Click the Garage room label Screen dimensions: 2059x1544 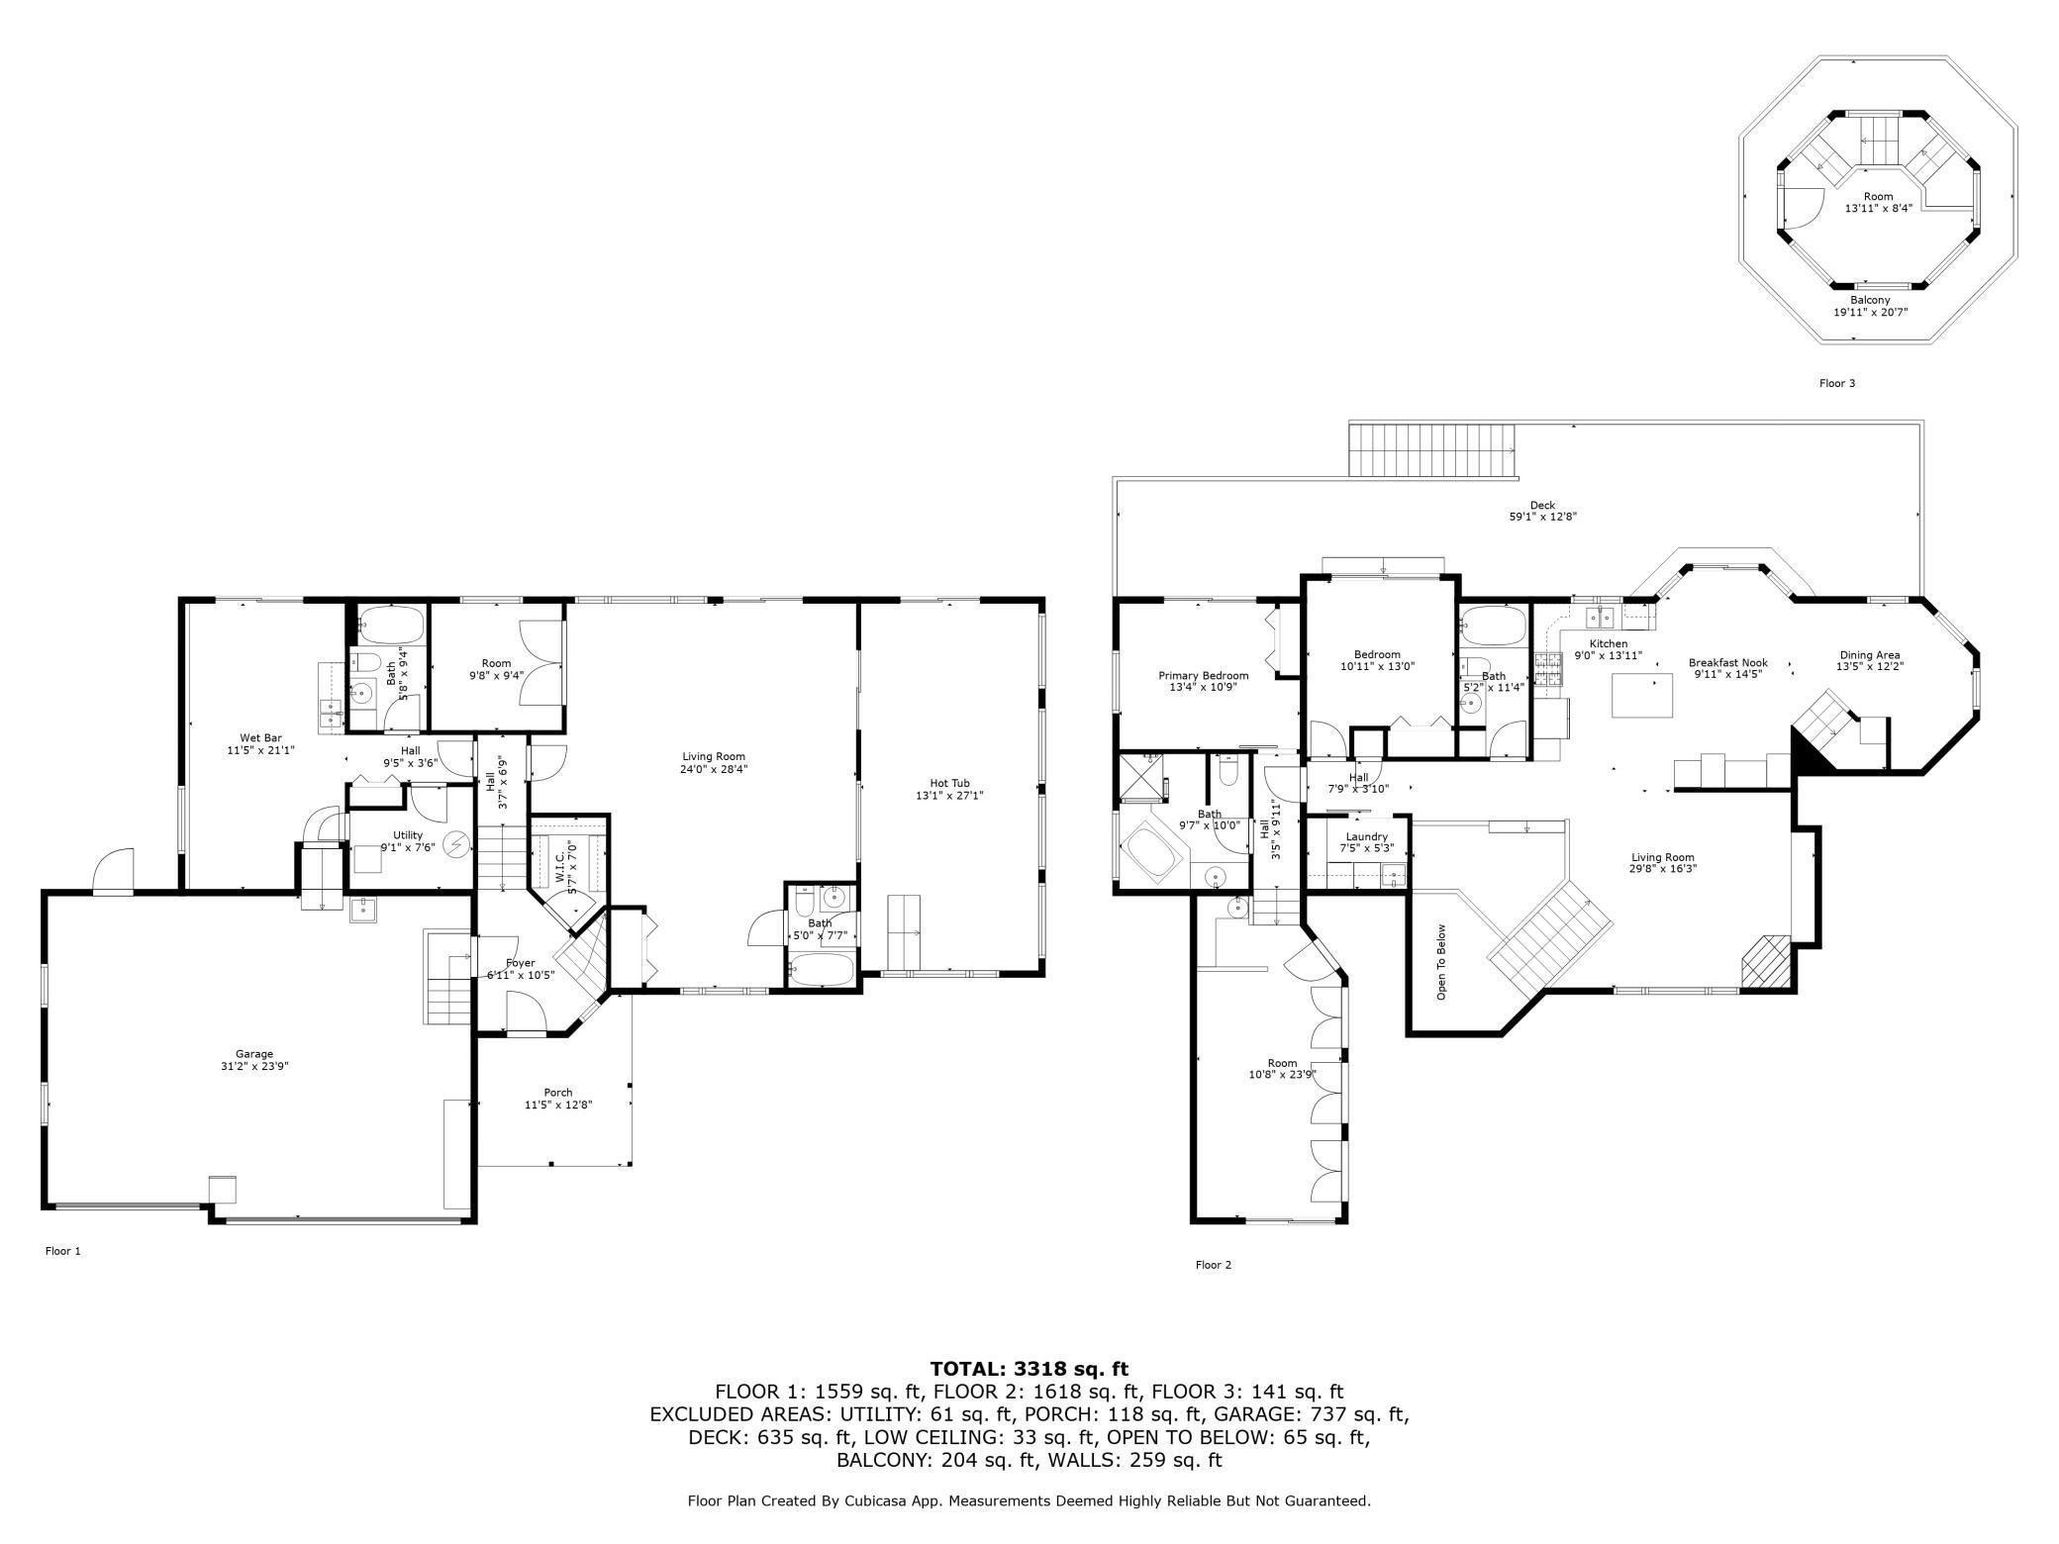click(254, 1054)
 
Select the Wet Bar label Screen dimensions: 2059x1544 click(261, 737)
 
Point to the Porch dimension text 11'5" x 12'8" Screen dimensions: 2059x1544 click(558, 1106)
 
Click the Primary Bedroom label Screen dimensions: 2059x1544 click(1204, 676)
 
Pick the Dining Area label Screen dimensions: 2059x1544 click(1870, 655)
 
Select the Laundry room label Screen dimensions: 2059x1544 click(1367, 837)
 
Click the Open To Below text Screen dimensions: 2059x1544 click(1441, 962)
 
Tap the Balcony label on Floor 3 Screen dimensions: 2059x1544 click(1870, 300)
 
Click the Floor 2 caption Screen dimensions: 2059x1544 click(1214, 1265)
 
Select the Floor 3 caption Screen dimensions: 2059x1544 click(1837, 383)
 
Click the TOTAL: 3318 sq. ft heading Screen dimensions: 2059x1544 click(1029, 1370)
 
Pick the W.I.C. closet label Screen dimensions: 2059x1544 click(559, 862)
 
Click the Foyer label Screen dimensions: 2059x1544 click(521, 963)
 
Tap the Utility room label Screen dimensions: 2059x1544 click(408, 835)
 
